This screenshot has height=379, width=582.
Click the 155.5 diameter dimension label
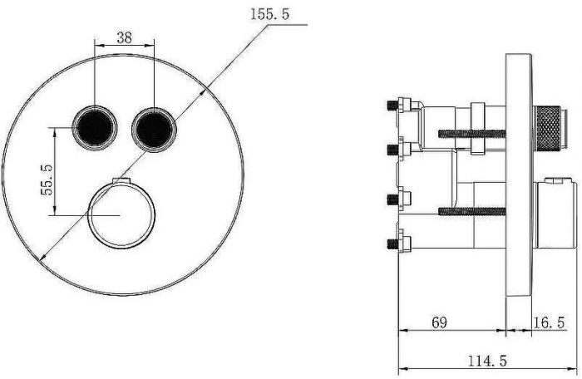269,14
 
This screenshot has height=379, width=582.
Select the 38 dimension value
125,37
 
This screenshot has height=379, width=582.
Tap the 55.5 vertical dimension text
47,180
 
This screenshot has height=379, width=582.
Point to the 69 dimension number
439,322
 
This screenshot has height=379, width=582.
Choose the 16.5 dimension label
549,322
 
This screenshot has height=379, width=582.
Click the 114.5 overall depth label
487,361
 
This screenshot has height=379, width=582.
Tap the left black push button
95,128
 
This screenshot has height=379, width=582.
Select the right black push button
154,130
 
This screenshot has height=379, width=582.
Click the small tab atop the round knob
121,180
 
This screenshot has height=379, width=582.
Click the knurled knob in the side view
546,128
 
